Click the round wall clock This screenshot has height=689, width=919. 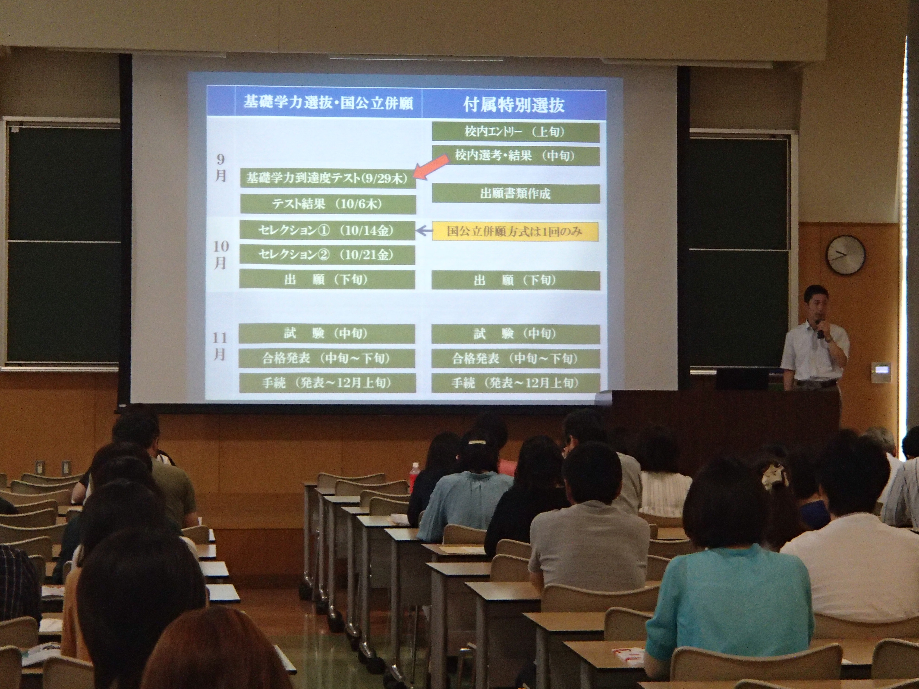pos(845,254)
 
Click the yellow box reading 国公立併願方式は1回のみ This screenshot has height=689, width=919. pos(515,231)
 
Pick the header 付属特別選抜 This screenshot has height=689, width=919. pos(514,105)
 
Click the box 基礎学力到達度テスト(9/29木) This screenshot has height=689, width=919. pos(328,179)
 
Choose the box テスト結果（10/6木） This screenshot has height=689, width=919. pos(328,204)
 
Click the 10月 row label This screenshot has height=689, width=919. pos(220,255)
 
